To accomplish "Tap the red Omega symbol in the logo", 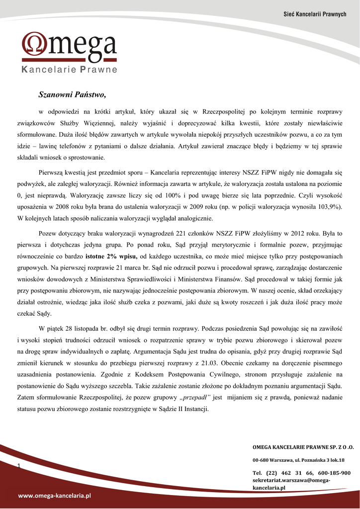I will [x=35, y=44].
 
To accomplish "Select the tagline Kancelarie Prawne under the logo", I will [x=70, y=70].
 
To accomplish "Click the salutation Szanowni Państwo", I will [x=73, y=94].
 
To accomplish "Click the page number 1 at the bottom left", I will [x=18, y=465].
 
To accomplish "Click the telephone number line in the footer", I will [x=301, y=473].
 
